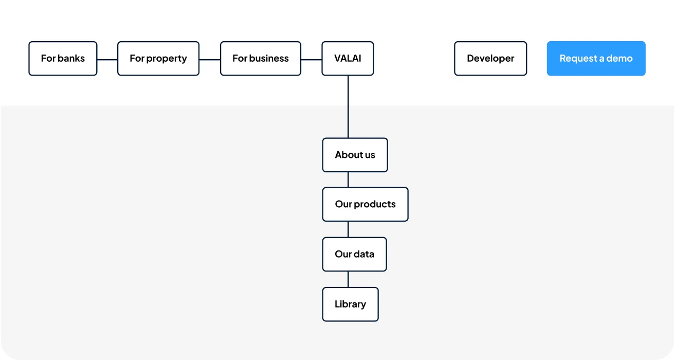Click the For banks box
(x=63, y=59)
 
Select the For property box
(x=158, y=59)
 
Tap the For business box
(x=261, y=59)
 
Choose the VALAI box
(x=348, y=59)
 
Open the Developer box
(x=490, y=59)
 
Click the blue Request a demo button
(x=596, y=59)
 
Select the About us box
(x=355, y=155)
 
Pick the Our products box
(x=366, y=204)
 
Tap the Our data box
(x=354, y=255)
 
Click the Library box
(x=351, y=304)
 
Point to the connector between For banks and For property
(x=107, y=60)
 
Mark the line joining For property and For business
(x=210, y=60)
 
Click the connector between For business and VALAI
(x=312, y=60)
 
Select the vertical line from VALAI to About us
(x=348, y=107)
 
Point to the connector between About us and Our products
(x=348, y=179)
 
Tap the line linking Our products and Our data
(x=348, y=229)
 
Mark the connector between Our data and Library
(x=348, y=279)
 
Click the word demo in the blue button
(x=619, y=59)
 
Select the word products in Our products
(x=375, y=204)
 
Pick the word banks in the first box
(x=71, y=58)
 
